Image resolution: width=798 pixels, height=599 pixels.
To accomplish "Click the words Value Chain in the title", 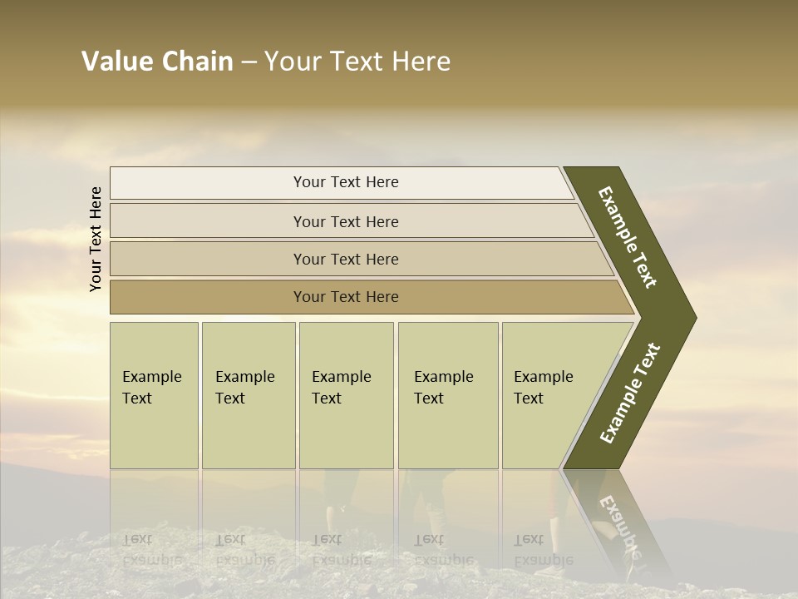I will click(x=157, y=62).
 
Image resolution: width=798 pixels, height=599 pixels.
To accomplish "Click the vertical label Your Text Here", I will click(x=96, y=239).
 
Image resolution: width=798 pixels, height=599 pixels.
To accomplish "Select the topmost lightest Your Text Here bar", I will click(x=345, y=182).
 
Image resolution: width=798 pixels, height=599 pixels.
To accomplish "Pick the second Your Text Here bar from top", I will click(x=345, y=221).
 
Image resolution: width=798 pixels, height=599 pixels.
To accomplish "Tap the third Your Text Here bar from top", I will click(x=345, y=259).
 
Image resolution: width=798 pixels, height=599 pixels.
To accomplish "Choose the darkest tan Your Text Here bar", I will click(x=345, y=297).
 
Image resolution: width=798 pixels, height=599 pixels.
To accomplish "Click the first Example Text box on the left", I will click(x=154, y=395).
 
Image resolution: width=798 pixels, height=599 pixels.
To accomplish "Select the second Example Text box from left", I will click(x=248, y=395).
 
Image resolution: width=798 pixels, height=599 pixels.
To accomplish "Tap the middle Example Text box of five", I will click(x=346, y=395).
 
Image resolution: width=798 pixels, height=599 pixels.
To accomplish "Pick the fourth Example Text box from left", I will click(x=447, y=395).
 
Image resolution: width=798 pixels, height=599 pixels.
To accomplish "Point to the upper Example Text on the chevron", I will click(x=628, y=237).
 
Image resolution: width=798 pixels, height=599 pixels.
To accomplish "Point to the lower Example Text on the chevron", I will click(x=631, y=394).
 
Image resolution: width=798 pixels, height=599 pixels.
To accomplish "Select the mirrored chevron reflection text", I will click(x=619, y=524).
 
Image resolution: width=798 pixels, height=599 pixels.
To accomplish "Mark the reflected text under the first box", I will click(x=151, y=549).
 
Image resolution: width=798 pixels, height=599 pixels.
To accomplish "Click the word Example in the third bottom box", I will click(x=341, y=377).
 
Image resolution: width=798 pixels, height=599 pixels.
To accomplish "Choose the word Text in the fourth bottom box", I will click(x=429, y=399).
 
